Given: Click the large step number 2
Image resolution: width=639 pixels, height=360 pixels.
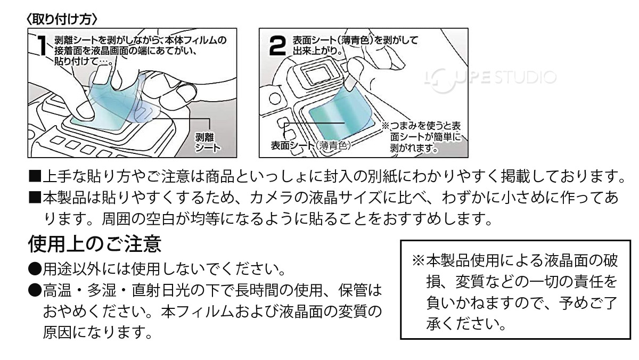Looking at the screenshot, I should (277, 47).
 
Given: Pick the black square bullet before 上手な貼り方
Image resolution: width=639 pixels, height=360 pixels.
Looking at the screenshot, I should (35, 176).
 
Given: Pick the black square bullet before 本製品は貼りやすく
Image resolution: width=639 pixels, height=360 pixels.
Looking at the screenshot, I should (35, 199).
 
